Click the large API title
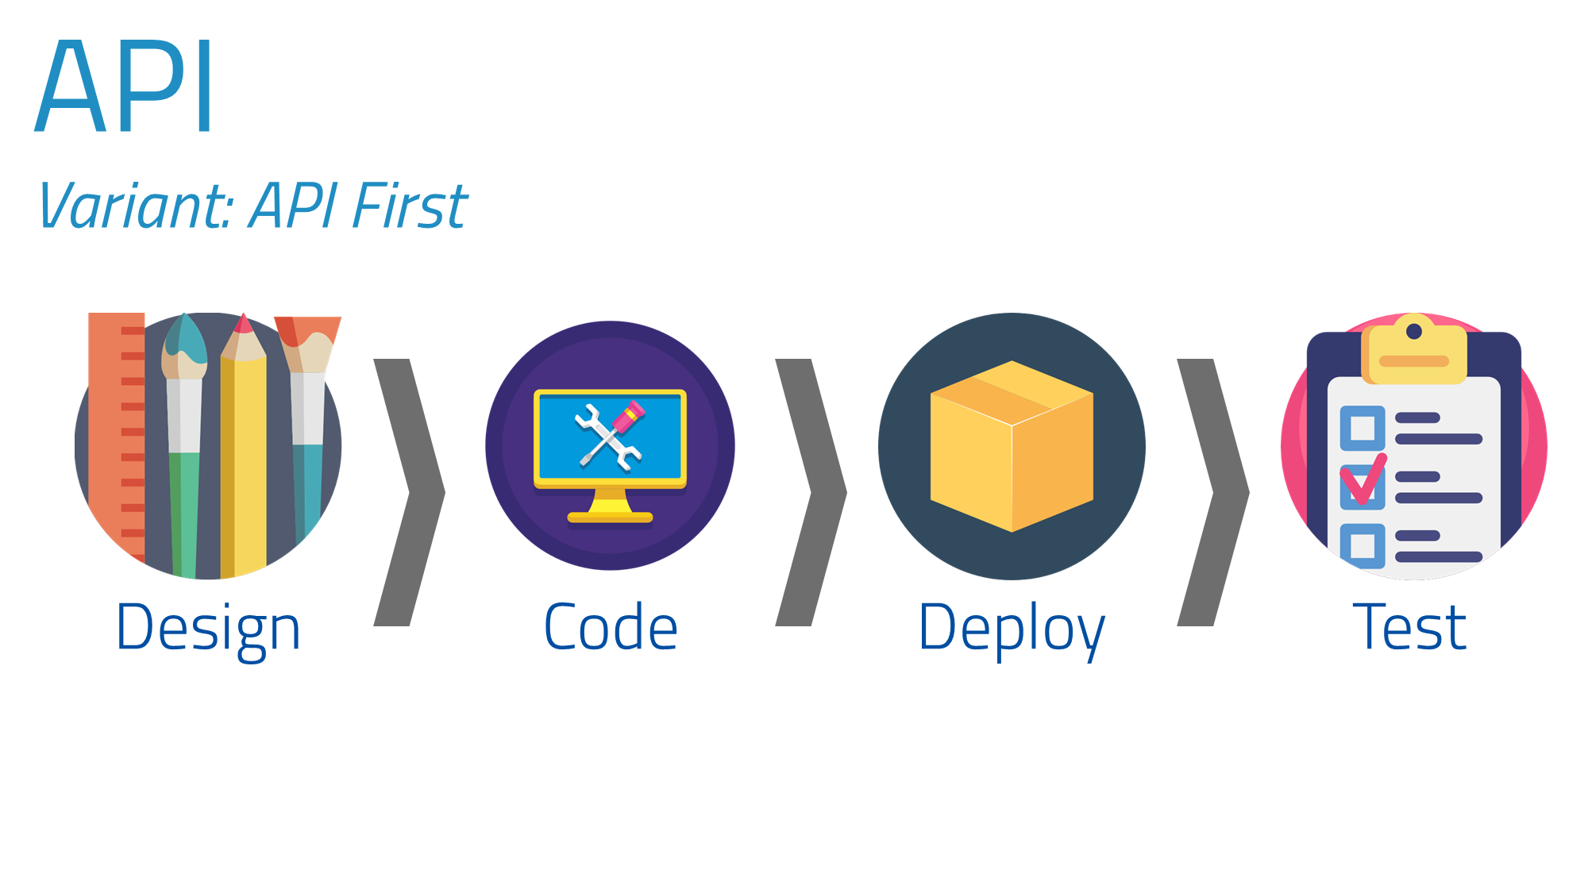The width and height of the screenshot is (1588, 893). [125, 86]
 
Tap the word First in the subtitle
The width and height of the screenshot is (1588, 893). [410, 206]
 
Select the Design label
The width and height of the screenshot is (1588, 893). [208, 627]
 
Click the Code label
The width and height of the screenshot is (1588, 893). [611, 627]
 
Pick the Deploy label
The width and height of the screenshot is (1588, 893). [1012, 627]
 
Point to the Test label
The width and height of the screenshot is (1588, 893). [1410, 627]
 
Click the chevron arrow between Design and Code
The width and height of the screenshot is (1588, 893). [410, 492]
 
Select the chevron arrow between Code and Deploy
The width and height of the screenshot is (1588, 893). [811, 492]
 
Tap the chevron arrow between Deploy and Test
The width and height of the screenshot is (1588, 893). [1213, 492]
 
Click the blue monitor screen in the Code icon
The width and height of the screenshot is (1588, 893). [610, 436]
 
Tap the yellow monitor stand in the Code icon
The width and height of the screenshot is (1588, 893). [610, 508]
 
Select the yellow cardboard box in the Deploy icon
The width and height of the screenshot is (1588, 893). [1012, 446]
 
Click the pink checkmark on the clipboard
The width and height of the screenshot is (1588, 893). [1363, 480]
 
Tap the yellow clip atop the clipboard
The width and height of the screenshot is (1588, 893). [1414, 353]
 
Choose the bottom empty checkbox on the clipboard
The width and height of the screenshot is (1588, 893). [1363, 545]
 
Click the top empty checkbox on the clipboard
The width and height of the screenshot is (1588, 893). [1363, 428]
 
